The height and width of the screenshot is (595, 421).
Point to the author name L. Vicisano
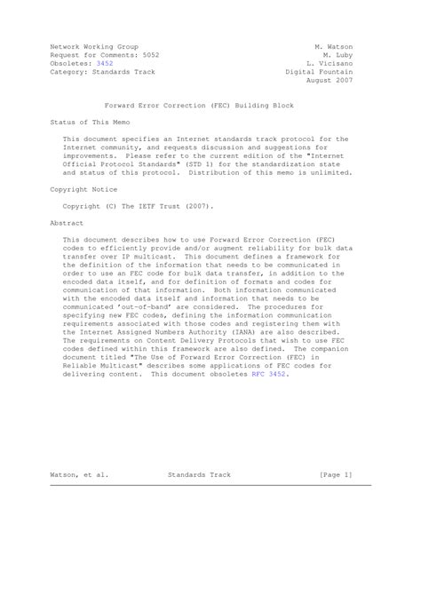tap(330, 64)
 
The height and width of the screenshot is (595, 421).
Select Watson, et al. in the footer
tap(80, 476)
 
